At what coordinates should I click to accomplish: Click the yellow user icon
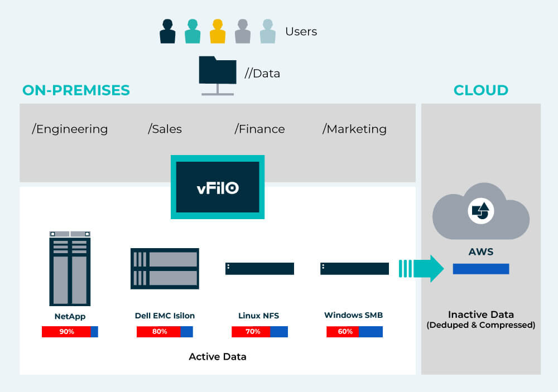pyautogui.click(x=218, y=31)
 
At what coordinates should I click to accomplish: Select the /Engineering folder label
pyautogui.click(x=70, y=129)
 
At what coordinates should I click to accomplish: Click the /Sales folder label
pyautogui.click(x=165, y=129)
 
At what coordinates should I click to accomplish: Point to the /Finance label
pyautogui.click(x=259, y=129)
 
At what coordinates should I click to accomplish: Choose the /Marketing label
pyautogui.click(x=354, y=129)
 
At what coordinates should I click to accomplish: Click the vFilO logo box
pyautogui.click(x=218, y=187)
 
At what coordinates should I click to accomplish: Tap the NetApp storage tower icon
pyautogui.click(x=70, y=268)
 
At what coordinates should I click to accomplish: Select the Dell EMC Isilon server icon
pyautogui.click(x=165, y=268)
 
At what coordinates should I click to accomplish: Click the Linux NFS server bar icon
pyautogui.click(x=259, y=268)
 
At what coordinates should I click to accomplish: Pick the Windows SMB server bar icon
pyautogui.click(x=354, y=268)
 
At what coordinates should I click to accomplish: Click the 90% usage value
pyautogui.click(x=66, y=332)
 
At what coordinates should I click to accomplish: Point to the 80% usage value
pyautogui.click(x=159, y=332)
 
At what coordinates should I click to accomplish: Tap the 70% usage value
pyautogui.click(x=252, y=332)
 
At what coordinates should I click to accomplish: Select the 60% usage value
pyautogui.click(x=344, y=332)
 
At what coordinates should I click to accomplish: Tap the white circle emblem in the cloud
pyautogui.click(x=480, y=211)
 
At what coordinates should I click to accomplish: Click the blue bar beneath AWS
pyautogui.click(x=480, y=269)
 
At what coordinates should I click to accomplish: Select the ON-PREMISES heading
pyautogui.click(x=76, y=90)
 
